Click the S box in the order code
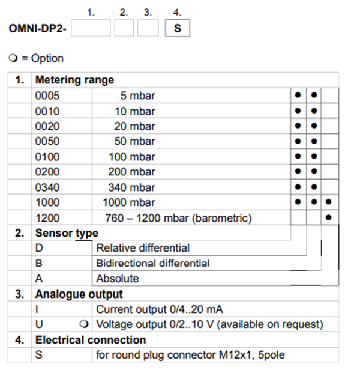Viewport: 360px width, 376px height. click(178, 28)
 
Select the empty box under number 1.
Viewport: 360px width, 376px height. click(91, 28)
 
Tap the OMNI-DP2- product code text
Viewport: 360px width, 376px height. click(38, 29)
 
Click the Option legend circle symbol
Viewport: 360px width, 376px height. click(13, 58)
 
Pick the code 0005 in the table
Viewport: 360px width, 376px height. click(47, 96)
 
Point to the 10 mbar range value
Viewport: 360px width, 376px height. click(135, 111)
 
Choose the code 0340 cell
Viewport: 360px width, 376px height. click(47, 187)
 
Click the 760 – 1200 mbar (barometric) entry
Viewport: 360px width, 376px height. click(178, 218)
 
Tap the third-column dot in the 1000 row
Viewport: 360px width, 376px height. click(328, 202)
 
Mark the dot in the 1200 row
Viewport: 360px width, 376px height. click(328, 217)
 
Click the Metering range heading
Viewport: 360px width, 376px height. click(74, 80)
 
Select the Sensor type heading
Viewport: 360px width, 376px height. click(67, 233)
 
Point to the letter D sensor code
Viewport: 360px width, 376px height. click(39, 248)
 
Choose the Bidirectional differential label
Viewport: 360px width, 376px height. click(153, 263)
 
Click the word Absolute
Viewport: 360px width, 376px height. click(118, 279)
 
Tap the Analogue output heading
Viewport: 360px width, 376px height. click(79, 294)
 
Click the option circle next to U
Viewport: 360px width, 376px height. click(84, 324)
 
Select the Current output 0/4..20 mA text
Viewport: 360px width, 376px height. click(160, 309)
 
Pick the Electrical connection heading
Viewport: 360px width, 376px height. click(91, 340)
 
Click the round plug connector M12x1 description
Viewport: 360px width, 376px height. click(190, 355)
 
